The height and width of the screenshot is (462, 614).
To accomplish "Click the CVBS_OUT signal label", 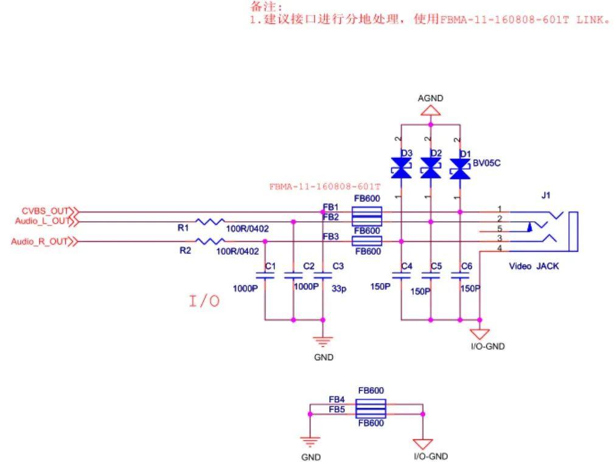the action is coord(44,211).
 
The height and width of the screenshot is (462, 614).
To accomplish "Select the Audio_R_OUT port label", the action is coord(39,241).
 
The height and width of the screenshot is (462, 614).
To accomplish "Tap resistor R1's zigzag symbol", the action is coord(210,222).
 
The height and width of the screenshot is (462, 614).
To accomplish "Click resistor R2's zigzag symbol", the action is coord(210,241).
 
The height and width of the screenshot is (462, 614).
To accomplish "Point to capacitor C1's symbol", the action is coord(265,275).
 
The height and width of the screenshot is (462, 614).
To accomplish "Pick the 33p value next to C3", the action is coord(339,289).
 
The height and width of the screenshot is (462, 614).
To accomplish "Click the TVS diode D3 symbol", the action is coord(401,168).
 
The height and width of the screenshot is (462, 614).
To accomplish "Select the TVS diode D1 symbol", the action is coord(460,169).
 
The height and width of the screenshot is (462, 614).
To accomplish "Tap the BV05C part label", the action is coord(487,163).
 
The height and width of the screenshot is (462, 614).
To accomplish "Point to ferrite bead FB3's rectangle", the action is coord(367,241).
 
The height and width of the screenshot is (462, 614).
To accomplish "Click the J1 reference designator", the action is coord(546,195).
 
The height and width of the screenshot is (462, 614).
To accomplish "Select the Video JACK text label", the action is coord(534,266).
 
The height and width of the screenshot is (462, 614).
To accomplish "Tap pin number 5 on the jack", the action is coord(500,228).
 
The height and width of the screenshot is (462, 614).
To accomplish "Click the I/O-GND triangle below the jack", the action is coord(480,334).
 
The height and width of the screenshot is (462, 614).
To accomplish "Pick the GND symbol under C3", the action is coord(323,342).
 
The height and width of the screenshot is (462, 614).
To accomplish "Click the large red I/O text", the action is coord(204,301).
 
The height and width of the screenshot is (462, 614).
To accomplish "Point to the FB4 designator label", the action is coord(337,399).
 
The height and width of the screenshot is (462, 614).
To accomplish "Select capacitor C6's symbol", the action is coord(460,275).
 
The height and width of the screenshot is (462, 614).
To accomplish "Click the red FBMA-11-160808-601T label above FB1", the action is coord(324,187).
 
